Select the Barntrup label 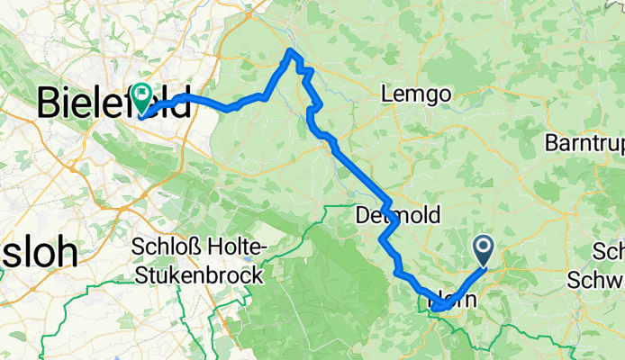pos(584,143)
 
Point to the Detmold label pos(392,217)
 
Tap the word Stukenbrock pos(197,274)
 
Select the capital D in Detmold pos(362,217)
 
